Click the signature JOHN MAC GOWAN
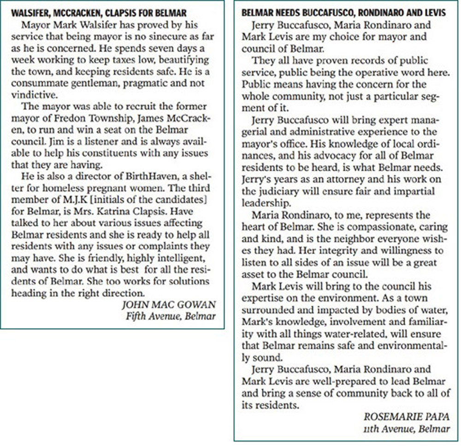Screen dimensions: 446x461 168,305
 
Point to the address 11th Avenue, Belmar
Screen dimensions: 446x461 407,429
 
